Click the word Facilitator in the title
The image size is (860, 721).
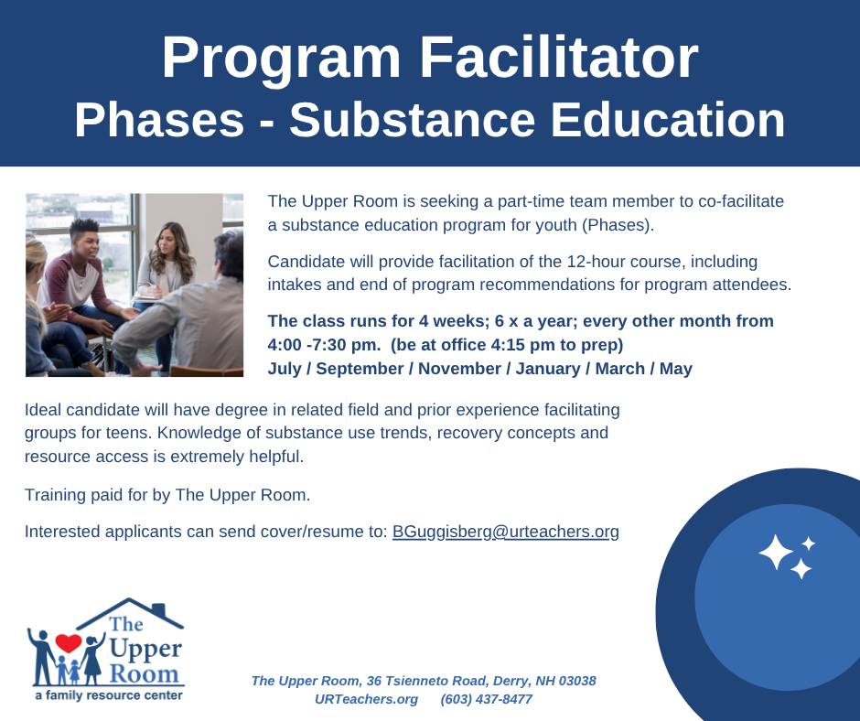[x=559, y=59]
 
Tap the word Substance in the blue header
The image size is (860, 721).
[x=412, y=120]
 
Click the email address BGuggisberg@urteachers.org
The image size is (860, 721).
[x=506, y=532]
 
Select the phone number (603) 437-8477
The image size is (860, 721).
[x=487, y=700]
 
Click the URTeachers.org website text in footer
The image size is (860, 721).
[x=366, y=700]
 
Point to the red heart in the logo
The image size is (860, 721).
[x=69, y=642]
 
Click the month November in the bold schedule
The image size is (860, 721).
[x=459, y=369]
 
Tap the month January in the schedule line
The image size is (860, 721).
[x=548, y=369]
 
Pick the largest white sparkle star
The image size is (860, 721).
[x=776, y=552]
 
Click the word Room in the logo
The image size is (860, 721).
[x=144, y=673]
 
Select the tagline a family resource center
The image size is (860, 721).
[x=109, y=695]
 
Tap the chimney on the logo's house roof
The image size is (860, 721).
[x=158, y=610]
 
